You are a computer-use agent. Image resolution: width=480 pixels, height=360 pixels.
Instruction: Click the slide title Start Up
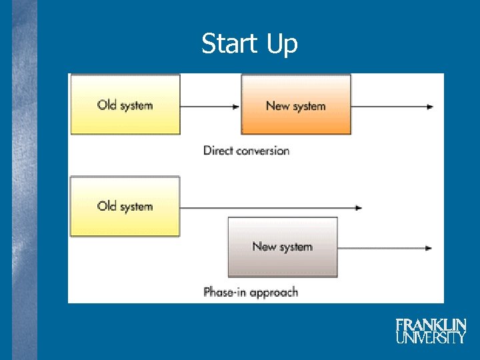[x=249, y=44]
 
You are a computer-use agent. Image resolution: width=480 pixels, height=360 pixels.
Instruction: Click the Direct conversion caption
[x=246, y=151]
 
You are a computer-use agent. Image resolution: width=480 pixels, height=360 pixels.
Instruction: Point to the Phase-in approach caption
[x=250, y=292]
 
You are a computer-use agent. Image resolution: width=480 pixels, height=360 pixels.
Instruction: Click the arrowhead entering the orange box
[x=237, y=107]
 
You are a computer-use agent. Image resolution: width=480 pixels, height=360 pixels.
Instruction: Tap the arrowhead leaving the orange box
[x=430, y=107]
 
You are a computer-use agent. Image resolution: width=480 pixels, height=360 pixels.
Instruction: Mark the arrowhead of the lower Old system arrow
[x=359, y=208]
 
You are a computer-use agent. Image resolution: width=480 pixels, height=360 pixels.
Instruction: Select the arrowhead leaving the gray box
[x=429, y=248]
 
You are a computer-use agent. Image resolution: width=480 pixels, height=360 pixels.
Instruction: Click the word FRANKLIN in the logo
[x=431, y=325]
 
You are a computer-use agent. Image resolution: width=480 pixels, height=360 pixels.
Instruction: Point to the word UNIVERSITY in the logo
[x=431, y=337]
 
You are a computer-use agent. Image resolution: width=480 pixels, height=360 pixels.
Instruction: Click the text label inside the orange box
[x=295, y=106]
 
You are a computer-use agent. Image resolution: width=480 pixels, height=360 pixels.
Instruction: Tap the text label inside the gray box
[x=282, y=247]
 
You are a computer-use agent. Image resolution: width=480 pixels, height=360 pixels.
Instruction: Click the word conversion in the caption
[x=262, y=151]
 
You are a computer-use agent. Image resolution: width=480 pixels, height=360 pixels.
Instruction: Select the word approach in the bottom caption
[x=273, y=293]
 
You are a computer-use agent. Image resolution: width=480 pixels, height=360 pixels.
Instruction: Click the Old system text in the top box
[x=125, y=105]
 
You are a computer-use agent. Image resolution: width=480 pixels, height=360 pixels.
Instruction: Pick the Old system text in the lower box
[x=125, y=206]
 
